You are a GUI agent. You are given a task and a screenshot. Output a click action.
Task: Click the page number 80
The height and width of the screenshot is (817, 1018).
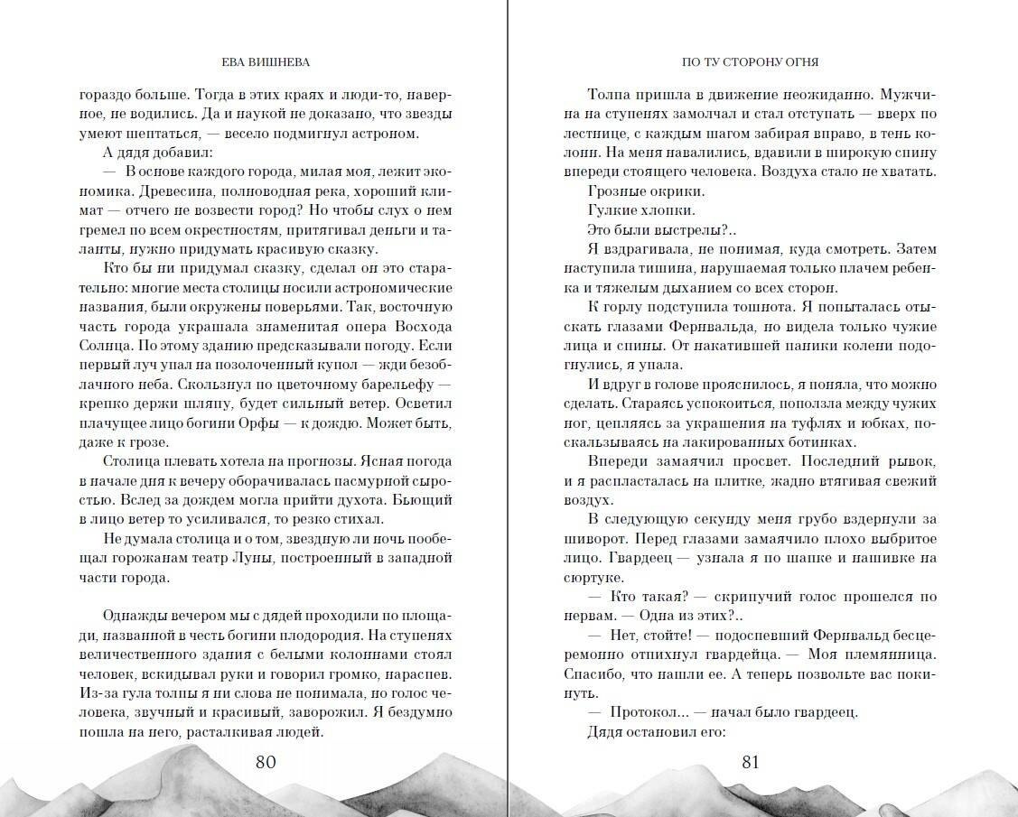[x=266, y=762]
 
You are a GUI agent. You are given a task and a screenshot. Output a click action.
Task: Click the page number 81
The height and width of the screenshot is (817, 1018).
[x=751, y=762]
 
